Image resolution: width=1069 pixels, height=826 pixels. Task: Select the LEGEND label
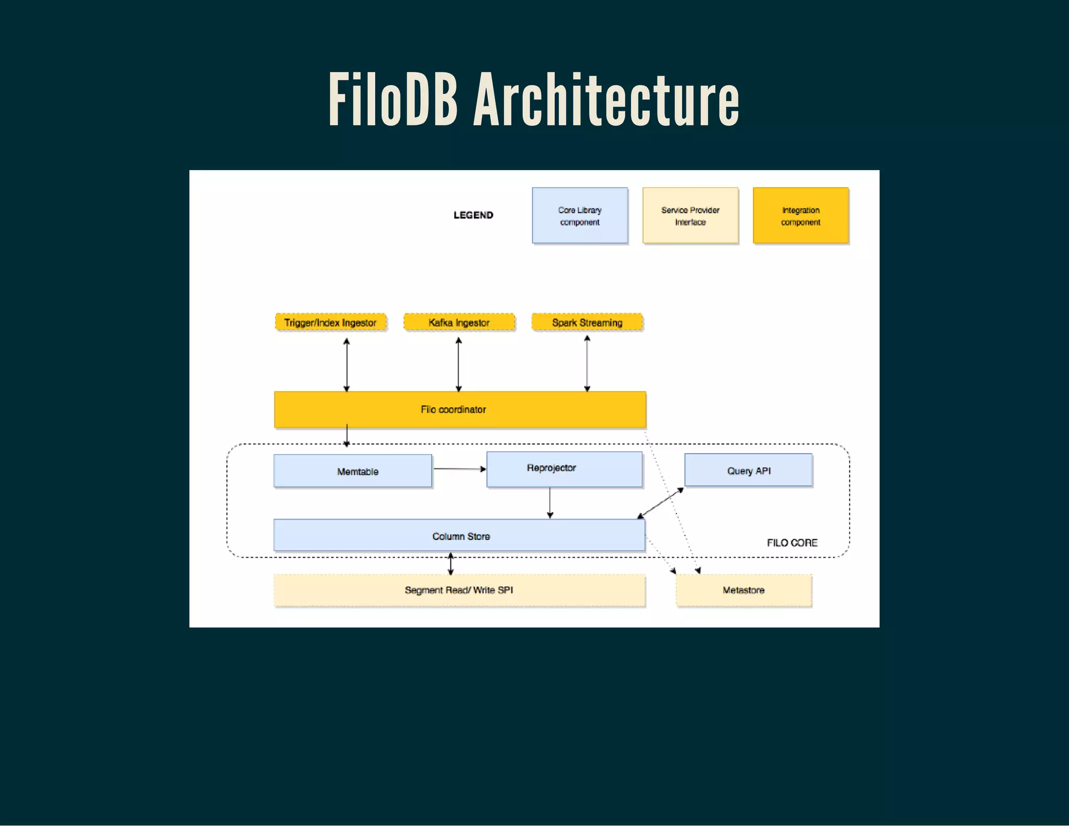pos(473,215)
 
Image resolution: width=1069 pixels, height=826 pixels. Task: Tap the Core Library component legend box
pos(579,216)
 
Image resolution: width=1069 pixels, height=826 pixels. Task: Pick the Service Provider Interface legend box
pos(690,216)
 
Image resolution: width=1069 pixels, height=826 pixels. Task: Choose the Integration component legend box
pos(800,216)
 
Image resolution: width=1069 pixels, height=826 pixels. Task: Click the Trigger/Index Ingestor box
pos(330,322)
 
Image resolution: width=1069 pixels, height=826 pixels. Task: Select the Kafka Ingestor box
pos(459,322)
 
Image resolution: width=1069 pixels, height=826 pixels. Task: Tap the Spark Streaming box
pos(587,322)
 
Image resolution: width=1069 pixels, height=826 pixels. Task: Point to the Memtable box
pos(353,471)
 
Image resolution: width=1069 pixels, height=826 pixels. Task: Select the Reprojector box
pos(564,469)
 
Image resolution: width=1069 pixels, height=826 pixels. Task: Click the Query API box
pos(748,470)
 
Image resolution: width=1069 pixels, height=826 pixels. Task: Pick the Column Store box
pos(459,535)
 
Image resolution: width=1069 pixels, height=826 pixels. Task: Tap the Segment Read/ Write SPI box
pos(459,590)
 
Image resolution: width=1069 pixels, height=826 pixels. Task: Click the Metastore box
pos(743,590)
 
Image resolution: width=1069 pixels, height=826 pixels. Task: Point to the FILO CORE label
pos(792,542)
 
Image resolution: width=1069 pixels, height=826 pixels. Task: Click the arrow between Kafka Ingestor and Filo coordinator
pos(458,364)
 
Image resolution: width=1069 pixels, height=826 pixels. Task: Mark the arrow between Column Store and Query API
pos(660,503)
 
